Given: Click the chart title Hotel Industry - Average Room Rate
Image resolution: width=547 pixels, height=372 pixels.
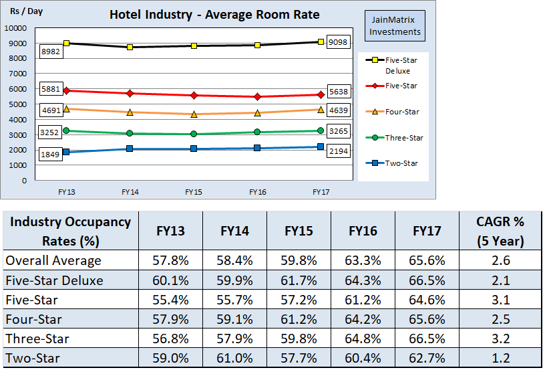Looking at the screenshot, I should pos(214,15).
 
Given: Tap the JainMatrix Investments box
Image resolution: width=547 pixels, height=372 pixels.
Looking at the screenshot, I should pos(395,26).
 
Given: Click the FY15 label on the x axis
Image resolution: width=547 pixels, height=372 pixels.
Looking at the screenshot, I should pos(194,192).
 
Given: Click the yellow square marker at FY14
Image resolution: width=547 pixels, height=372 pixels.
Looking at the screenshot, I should pos(130,48).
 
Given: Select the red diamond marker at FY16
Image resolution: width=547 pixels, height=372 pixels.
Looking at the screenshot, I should pos(258,96).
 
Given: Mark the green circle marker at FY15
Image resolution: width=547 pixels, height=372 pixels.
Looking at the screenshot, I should pos(194,134).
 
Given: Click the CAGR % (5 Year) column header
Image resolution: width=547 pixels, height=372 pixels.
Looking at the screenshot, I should pos(501,231).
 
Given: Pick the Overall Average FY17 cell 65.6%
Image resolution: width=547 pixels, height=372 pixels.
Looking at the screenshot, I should pos(427,260).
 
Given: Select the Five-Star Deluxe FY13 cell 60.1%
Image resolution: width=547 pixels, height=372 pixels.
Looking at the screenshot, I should pos(170,280).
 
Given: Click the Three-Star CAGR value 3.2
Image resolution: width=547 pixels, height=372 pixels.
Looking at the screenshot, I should pos(501,339).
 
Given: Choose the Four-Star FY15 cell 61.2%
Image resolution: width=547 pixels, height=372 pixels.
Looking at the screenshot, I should pos(299,319).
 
